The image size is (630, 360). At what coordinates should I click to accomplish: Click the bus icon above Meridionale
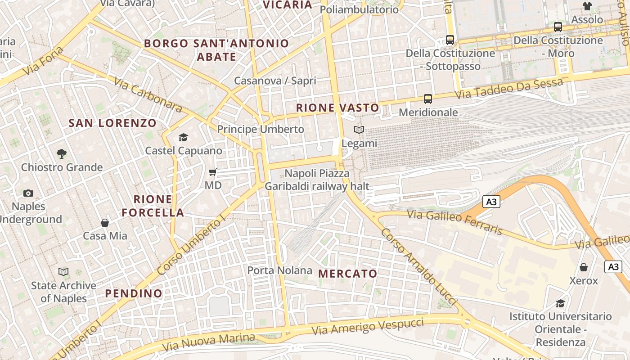pos(427,99)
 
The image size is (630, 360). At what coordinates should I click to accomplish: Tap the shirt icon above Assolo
pos(587,6)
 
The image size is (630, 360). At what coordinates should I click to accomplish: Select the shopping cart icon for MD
pos(213,172)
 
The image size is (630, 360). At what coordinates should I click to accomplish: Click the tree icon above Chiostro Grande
pos(62,154)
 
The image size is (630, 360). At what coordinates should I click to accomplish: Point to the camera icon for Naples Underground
pos(28,193)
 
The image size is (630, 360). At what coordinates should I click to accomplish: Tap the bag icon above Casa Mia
pos(105,222)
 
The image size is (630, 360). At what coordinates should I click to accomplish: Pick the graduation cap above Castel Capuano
pos(183,137)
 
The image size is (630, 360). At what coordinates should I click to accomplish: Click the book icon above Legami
pos(359,130)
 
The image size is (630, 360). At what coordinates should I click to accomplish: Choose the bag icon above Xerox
pos(584,267)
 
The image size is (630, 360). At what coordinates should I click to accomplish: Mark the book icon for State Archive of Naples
pos(63,272)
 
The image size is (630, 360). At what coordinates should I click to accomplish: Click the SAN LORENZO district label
pos(112,123)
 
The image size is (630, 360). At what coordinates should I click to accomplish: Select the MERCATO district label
pos(348,274)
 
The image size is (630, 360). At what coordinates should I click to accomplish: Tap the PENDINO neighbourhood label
pos(134,293)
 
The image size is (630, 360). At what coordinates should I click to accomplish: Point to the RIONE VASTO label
pos(338,108)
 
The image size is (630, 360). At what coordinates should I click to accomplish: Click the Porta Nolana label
pos(279,270)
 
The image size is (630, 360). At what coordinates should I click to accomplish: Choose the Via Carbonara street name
pos(148,94)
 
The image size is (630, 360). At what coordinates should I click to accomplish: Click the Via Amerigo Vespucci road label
pos(368,326)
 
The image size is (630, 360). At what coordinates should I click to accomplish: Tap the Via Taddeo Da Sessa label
pos(508,89)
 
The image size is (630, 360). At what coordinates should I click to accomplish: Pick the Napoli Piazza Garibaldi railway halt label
pos(317,180)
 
